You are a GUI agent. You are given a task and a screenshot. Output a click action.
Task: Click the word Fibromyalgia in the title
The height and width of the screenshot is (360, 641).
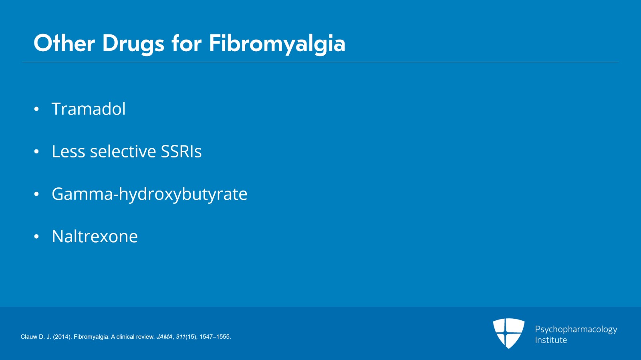tap(277, 44)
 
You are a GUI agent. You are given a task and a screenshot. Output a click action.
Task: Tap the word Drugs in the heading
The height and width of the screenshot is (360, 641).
tap(133, 44)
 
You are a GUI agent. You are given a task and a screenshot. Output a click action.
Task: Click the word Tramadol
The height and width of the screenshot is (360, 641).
tap(89, 109)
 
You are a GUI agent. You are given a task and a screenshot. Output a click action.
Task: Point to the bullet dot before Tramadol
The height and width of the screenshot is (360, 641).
tap(36, 109)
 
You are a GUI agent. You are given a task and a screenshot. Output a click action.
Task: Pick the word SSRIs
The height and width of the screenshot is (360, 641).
tap(181, 151)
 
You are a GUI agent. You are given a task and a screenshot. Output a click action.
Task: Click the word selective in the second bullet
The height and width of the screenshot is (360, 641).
tap(123, 151)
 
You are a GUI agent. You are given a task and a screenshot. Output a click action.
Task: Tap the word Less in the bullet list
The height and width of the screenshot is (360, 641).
tap(69, 151)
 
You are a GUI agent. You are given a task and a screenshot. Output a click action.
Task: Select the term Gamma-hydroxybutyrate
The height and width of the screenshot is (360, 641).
tap(149, 195)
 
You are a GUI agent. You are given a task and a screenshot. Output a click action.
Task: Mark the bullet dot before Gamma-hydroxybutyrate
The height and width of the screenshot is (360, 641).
tap(36, 194)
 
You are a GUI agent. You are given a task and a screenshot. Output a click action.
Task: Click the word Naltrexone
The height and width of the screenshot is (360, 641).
tap(95, 237)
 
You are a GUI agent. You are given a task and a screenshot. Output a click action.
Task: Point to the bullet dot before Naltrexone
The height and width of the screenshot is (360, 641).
tap(36, 237)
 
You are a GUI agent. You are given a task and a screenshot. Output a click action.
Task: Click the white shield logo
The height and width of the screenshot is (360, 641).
tap(508, 333)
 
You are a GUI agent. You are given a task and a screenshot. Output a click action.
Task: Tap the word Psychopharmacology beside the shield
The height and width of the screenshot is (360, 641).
tap(576, 330)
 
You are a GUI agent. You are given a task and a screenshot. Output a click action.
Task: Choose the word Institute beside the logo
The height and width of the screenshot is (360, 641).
tap(551, 340)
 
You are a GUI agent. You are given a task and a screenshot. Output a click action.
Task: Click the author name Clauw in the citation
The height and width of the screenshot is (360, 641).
tap(28, 337)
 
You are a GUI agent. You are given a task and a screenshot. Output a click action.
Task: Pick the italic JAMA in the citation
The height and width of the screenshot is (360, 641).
tap(165, 337)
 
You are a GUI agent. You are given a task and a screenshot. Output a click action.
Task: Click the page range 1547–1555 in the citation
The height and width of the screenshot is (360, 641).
tap(215, 337)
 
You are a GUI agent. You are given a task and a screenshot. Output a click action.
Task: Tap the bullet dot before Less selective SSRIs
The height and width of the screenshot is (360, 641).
tap(36, 151)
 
